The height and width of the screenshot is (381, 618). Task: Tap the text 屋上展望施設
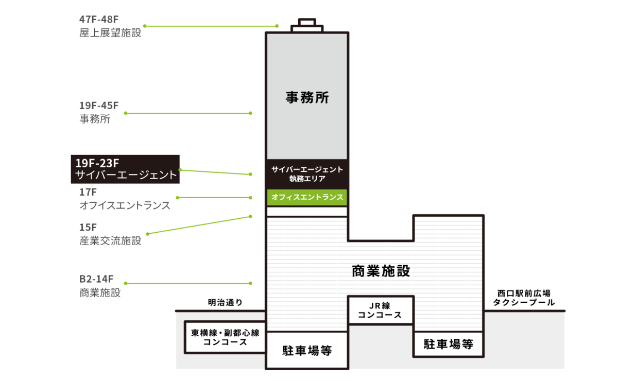click(x=110, y=33)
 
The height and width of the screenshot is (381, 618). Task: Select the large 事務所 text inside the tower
click(x=307, y=97)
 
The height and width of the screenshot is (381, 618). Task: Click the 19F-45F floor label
click(x=99, y=106)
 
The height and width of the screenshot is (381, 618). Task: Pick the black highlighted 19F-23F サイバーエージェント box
click(x=125, y=169)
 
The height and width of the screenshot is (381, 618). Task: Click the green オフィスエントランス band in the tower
click(x=307, y=197)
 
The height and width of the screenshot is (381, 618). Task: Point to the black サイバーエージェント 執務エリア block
click(x=307, y=174)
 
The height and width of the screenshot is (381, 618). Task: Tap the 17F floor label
click(x=88, y=192)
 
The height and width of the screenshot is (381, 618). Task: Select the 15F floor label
click(x=88, y=227)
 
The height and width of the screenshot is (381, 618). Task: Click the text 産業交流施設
click(x=110, y=240)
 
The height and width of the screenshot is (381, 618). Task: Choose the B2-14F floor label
click(x=96, y=279)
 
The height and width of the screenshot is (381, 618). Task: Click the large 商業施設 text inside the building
click(x=381, y=271)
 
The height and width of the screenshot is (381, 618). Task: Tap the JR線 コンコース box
click(x=380, y=310)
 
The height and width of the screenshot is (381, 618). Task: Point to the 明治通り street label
click(x=225, y=302)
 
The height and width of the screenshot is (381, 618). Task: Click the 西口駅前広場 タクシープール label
click(x=524, y=298)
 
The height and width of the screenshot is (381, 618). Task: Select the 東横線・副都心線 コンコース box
click(x=225, y=337)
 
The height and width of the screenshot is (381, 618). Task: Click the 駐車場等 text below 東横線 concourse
click(x=307, y=351)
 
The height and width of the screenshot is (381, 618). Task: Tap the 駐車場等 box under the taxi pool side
click(x=448, y=344)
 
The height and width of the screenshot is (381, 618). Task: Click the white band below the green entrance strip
click(x=307, y=212)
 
